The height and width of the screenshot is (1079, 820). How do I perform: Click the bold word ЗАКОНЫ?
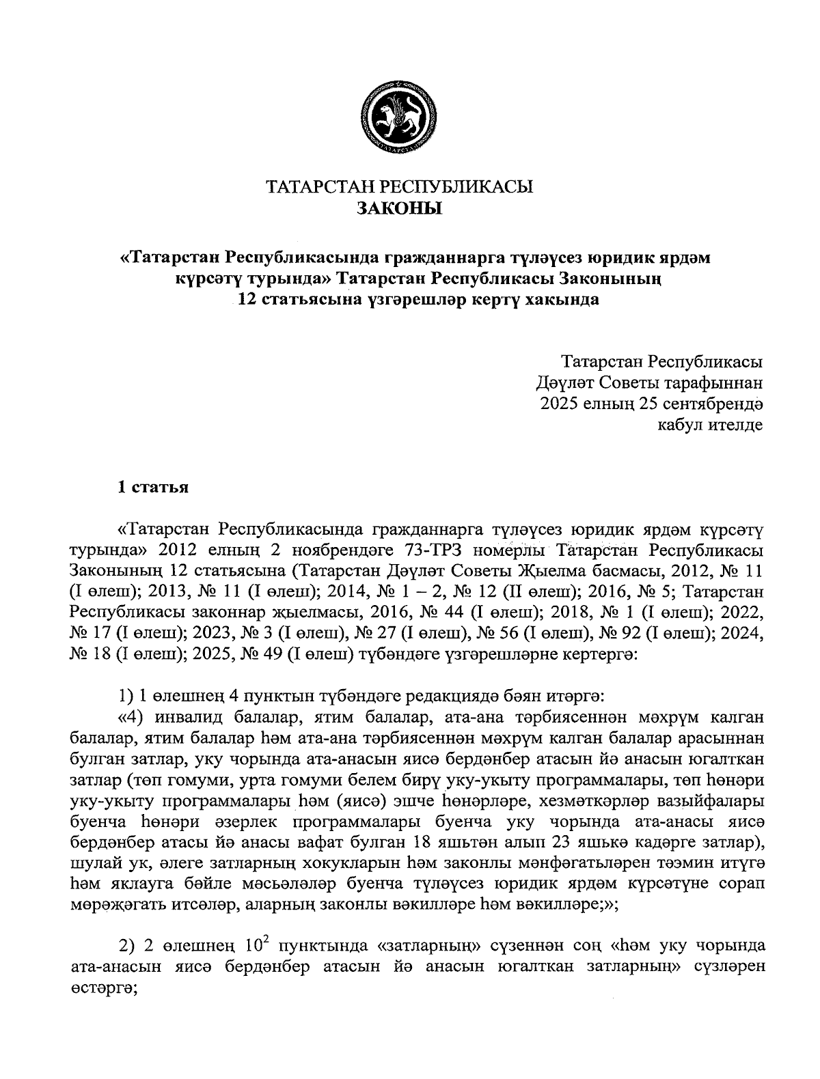click(x=400, y=208)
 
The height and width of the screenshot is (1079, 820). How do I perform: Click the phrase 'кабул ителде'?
click(x=709, y=425)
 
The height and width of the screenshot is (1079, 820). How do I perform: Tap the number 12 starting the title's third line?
click(x=246, y=300)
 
